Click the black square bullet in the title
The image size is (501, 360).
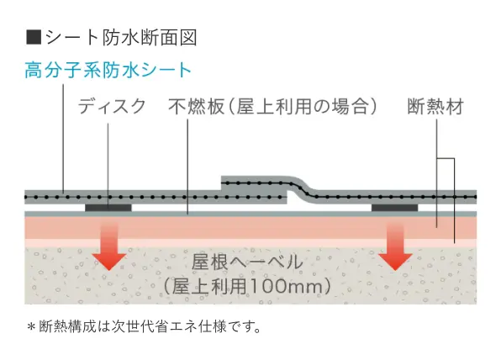click(34, 37)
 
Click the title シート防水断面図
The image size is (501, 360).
click(121, 37)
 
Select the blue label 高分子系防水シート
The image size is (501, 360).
click(108, 70)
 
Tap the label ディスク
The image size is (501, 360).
click(112, 106)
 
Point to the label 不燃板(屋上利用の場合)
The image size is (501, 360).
click(272, 106)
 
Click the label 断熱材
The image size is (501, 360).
click(435, 107)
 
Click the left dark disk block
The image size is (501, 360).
click(108, 208)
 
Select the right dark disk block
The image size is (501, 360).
click(394, 208)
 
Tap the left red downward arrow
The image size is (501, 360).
click(109, 246)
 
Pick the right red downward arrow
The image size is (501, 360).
click(395, 246)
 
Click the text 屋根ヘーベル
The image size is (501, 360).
click(246, 262)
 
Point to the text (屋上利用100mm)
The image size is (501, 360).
click(246, 285)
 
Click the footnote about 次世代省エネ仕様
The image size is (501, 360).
click(144, 326)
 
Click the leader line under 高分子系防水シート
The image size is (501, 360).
click(63, 139)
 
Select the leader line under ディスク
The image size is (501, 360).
click(108, 166)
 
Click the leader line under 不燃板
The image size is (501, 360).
click(187, 167)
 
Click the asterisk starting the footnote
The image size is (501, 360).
click(31, 326)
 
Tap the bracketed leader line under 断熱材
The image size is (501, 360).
click(454, 200)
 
